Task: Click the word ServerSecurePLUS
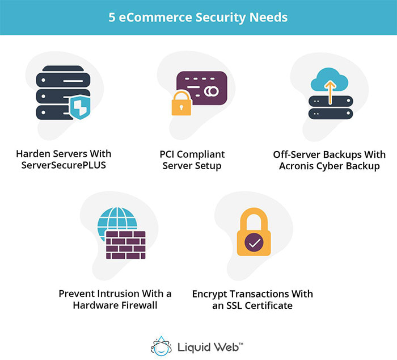64,166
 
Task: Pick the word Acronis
298,166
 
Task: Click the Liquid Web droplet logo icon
162,345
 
